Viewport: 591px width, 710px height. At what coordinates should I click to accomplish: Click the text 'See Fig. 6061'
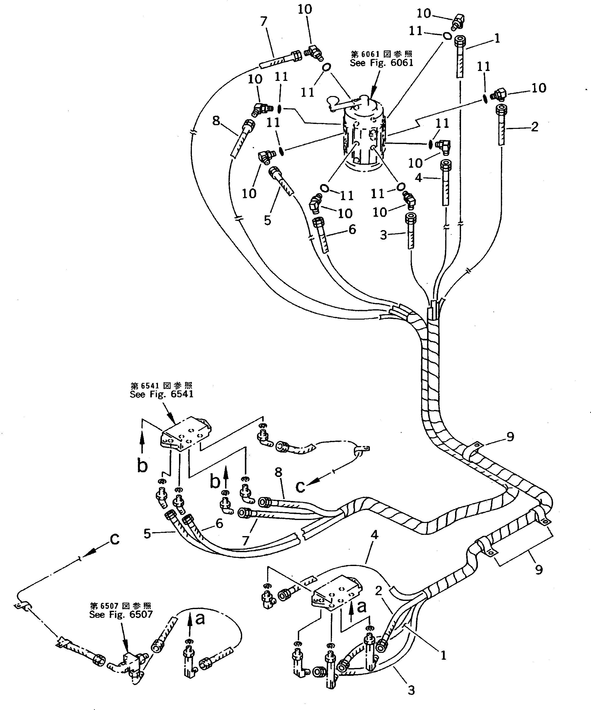click(x=381, y=63)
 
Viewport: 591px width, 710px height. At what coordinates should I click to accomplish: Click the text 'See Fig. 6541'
click(x=161, y=394)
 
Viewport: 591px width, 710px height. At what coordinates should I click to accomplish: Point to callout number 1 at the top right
click(x=497, y=39)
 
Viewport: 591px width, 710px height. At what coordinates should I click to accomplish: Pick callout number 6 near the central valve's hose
click(x=352, y=230)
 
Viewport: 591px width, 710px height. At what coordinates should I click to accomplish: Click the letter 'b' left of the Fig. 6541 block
click(x=142, y=466)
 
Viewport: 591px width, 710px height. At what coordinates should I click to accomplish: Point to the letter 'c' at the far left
click(x=115, y=540)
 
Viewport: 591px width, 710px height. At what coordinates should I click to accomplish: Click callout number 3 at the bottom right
click(x=411, y=690)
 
